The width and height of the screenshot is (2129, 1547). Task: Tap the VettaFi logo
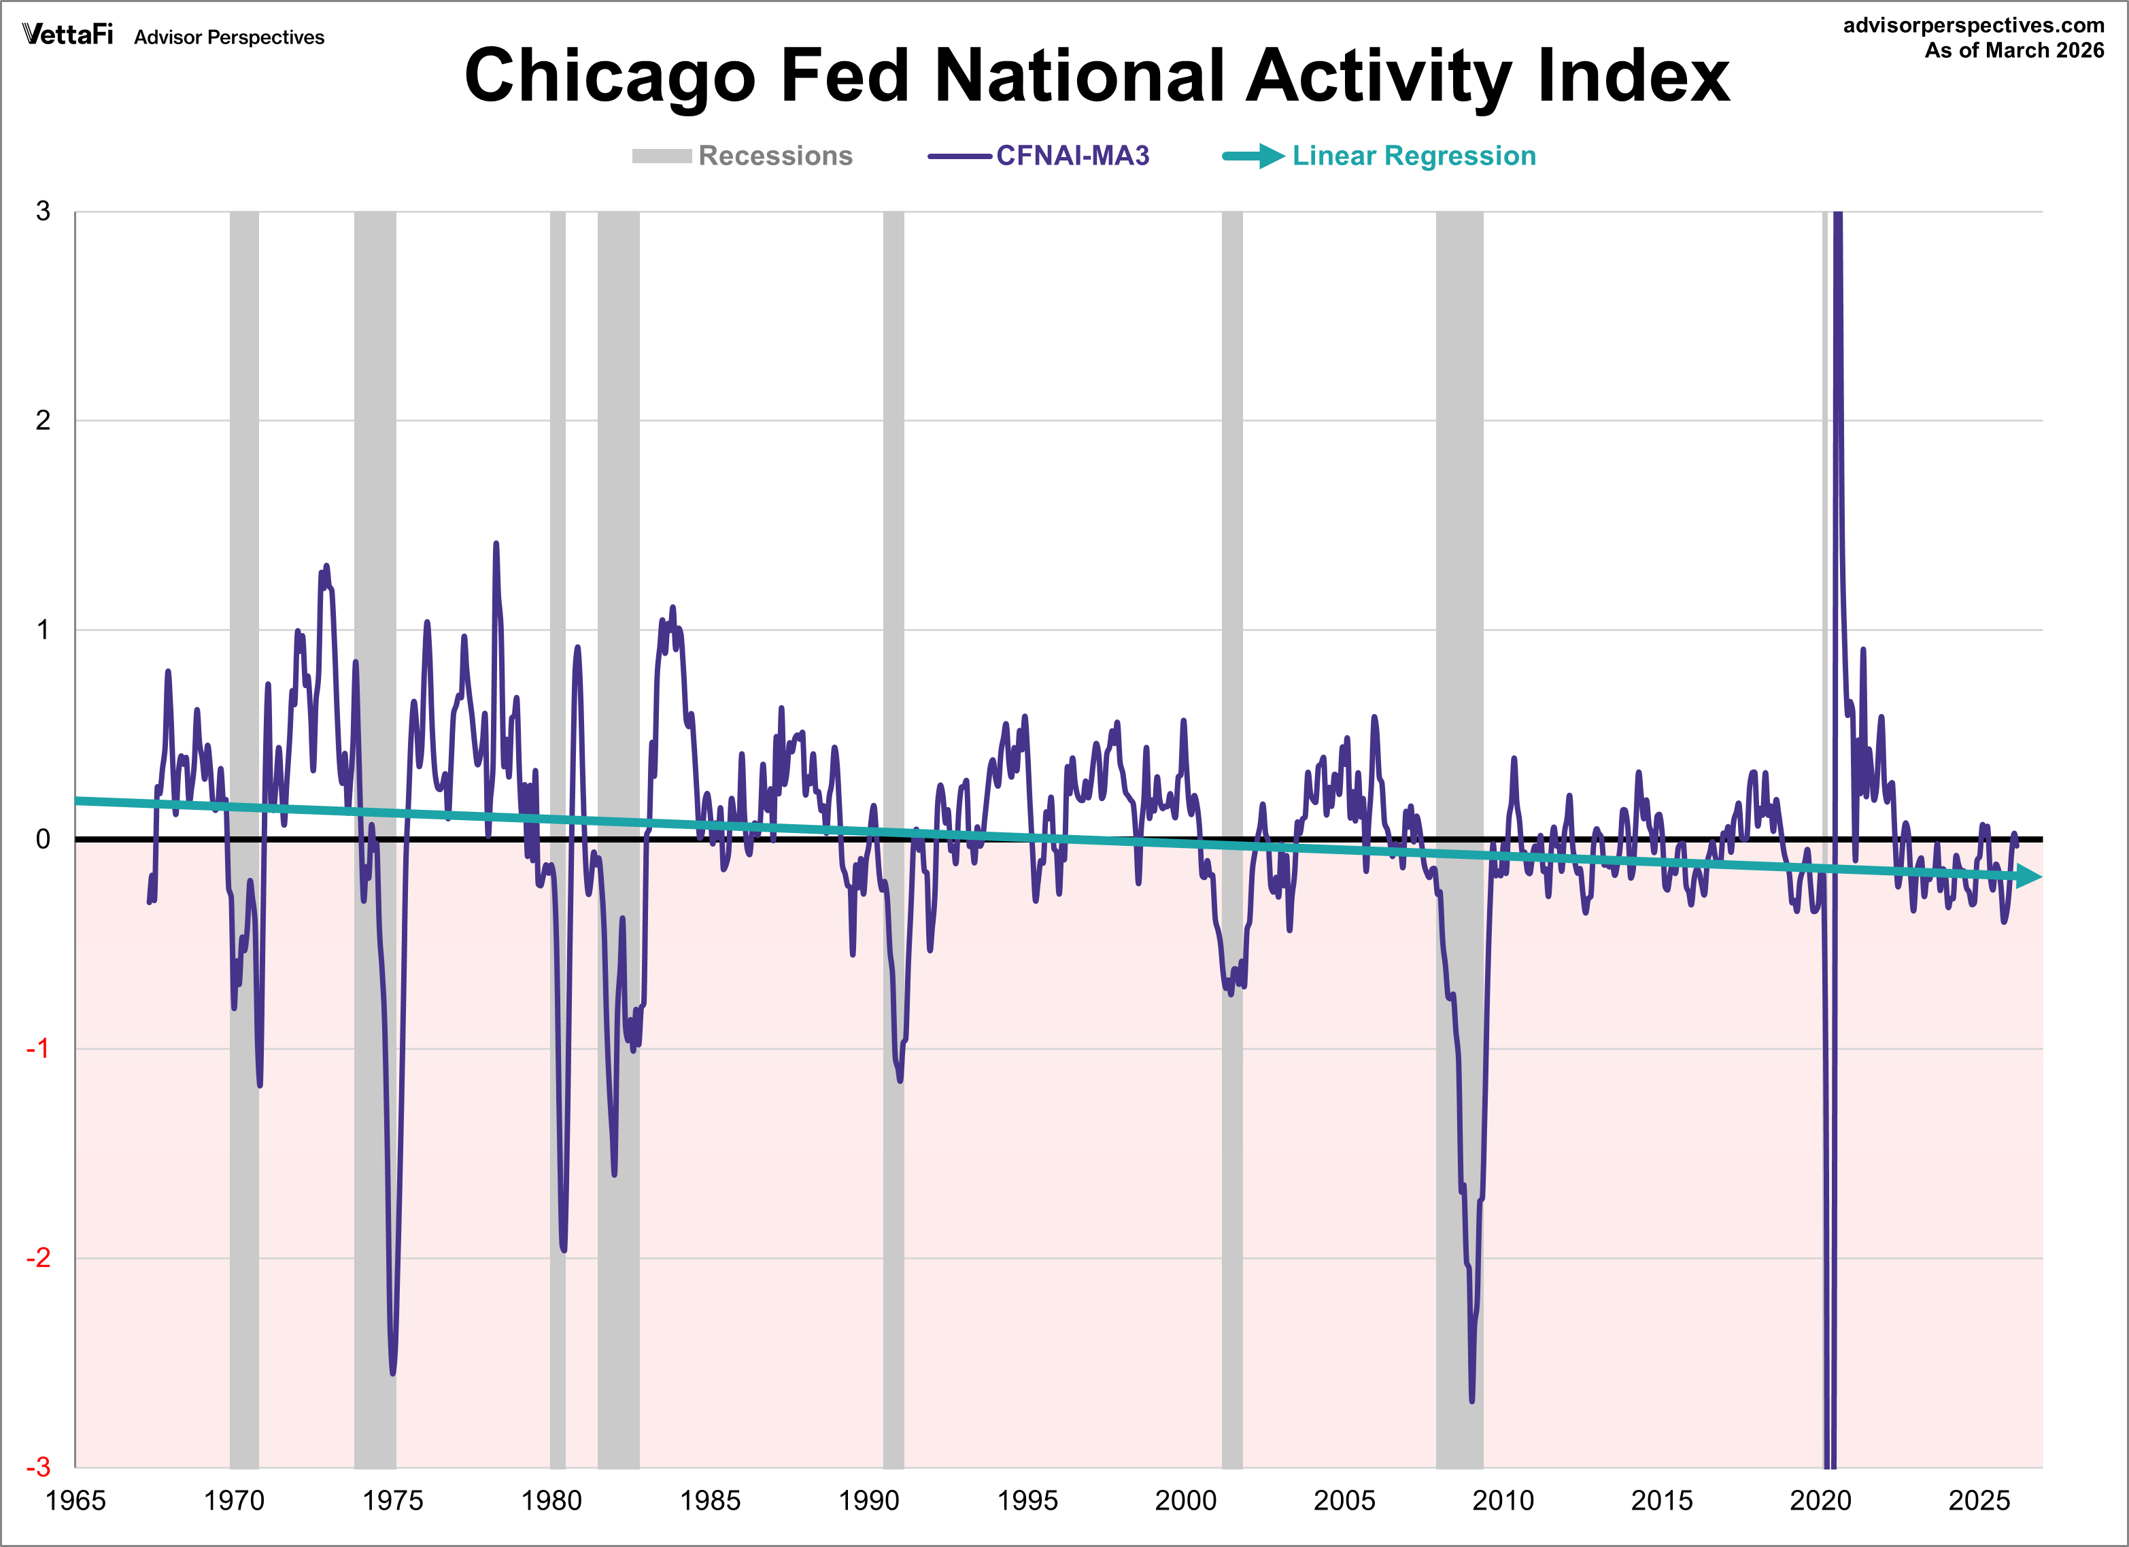67,35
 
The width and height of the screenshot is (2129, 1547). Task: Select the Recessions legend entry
742,156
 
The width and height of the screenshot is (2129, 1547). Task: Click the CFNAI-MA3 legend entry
1039,156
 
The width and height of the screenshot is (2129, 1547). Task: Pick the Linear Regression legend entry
1380,156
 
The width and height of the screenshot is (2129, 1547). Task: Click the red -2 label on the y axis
37,1258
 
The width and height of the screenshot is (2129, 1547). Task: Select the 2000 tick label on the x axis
1186,1500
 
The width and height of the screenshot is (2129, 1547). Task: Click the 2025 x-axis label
1979,1500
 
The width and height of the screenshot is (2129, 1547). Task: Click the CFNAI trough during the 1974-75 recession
392,1372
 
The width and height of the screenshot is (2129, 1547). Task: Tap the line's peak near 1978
496,545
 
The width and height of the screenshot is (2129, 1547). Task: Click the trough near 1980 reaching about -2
563,1249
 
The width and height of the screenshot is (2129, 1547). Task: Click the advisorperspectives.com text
1973,25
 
